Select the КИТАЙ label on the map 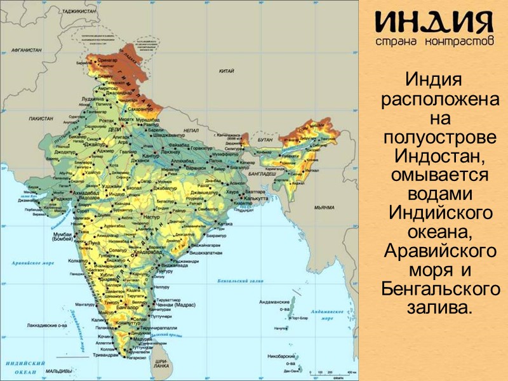227,71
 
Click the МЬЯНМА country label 323,207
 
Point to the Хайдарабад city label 141,251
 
